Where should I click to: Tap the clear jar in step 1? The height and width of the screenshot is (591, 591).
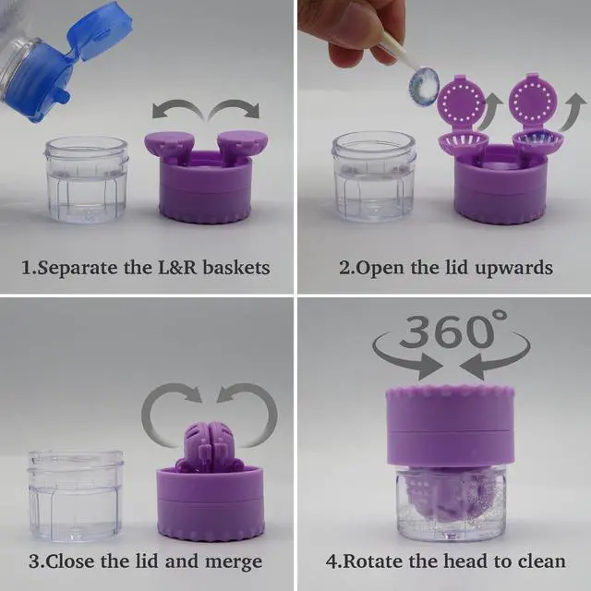[86, 179]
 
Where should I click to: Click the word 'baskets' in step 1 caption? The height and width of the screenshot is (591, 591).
[236, 268]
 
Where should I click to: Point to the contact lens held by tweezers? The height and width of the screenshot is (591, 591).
[425, 86]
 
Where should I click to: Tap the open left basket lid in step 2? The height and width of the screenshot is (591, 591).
[461, 101]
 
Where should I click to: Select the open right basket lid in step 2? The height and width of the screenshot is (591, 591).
[533, 99]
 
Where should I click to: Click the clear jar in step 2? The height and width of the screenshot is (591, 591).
[373, 176]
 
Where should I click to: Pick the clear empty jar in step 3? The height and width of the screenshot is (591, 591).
[76, 495]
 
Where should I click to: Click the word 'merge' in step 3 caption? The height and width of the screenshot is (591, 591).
[234, 561]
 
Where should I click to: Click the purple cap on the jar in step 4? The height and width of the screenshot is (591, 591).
[450, 427]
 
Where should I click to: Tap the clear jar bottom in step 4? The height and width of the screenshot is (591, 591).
[450, 503]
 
